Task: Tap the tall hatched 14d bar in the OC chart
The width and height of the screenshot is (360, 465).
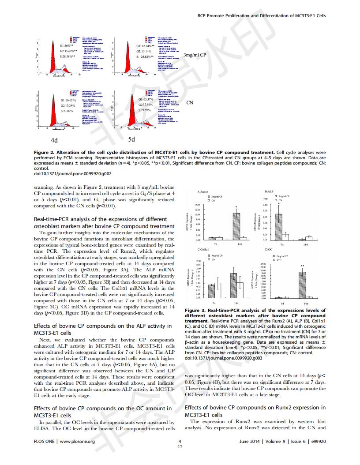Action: (302, 285)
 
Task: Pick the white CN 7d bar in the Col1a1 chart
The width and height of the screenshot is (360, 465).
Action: (217, 290)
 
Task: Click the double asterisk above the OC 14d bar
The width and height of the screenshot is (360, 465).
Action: (302, 266)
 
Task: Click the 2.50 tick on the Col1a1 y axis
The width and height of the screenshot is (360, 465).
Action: (199, 262)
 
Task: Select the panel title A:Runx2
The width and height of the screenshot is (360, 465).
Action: (203, 192)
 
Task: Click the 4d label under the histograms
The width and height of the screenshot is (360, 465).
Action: (54, 140)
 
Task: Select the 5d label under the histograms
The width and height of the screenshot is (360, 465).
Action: (131, 139)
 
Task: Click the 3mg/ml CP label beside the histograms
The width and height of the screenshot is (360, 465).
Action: (195, 55)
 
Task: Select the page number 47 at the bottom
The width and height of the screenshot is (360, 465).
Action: (180, 446)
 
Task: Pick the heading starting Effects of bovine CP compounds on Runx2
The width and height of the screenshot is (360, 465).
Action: (255, 408)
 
